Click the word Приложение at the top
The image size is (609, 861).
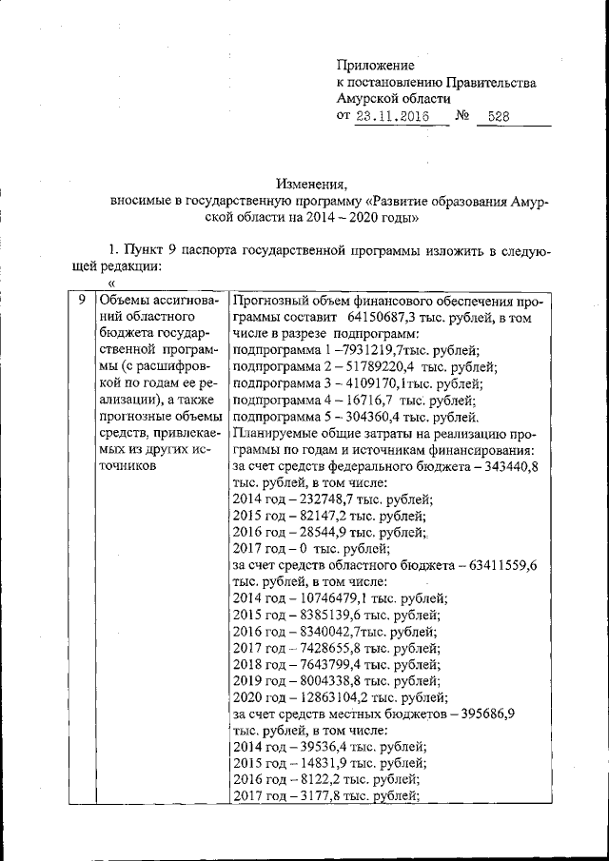[376, 65]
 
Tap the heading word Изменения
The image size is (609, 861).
[312, 184]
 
